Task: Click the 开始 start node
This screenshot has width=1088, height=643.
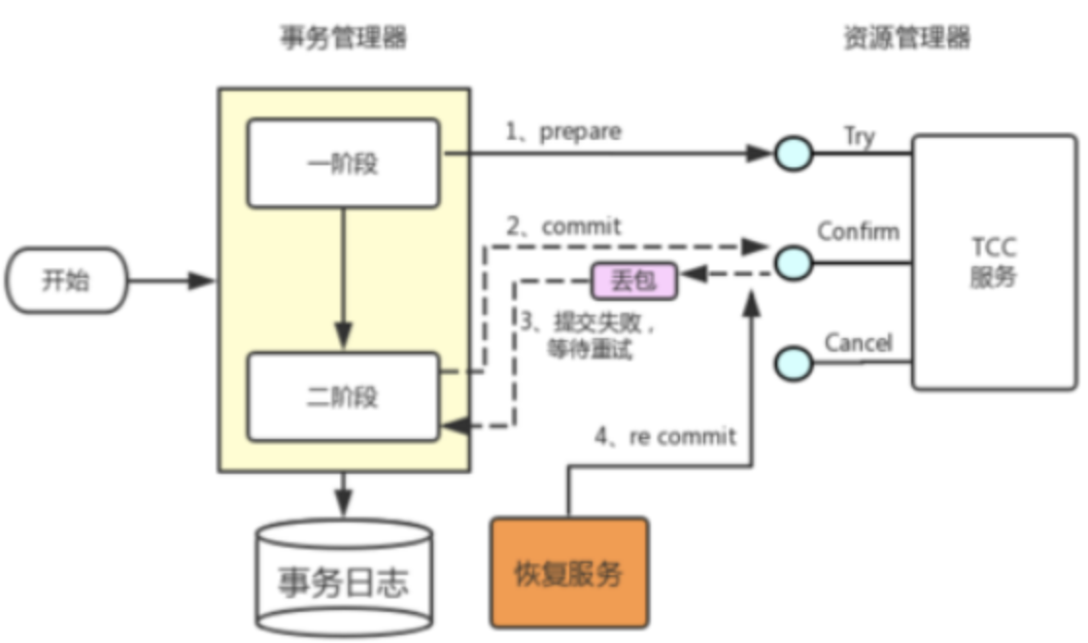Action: [x=67, y=282]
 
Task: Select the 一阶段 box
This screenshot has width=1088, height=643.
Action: [x=344, y=163]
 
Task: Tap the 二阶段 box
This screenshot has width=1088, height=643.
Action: [x=344, y=396]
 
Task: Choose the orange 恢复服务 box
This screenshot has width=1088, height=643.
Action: [x=568, y=572]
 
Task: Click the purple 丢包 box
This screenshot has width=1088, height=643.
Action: [x=633, y=282]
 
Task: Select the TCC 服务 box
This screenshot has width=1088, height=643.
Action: [x=993, y=262]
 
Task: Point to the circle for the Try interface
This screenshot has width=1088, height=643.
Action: [x=794, y=153]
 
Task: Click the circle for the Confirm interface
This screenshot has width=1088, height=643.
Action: [x=794, y=261]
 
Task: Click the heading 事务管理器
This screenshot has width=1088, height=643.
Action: [x=343, y=38]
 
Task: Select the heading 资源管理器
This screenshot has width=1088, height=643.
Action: [x=906, y=38]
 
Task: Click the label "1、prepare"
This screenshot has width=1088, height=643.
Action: [x=562, y=130]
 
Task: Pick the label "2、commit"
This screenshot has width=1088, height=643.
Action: [x=562, y=226]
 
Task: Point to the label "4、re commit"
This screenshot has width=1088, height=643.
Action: [x=665, y=436]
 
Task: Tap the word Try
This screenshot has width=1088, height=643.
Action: [x=859, y=136]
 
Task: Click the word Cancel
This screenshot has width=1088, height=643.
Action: [x=858, y=343]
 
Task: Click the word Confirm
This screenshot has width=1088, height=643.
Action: [x=858, y=231]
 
